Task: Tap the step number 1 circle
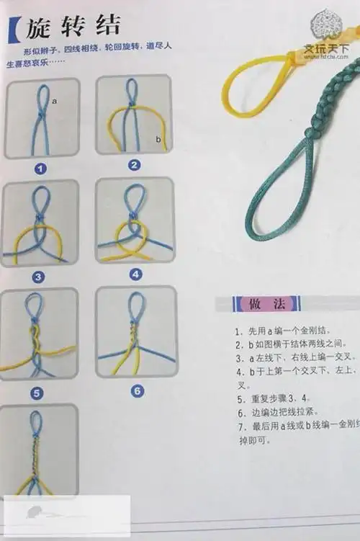pos(41,169)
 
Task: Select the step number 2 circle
pos(133,165)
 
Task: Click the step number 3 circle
pos(38,277)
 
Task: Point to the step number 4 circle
pos(136,274)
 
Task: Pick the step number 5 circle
pos(37,393)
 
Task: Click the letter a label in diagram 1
pos(53,102)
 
